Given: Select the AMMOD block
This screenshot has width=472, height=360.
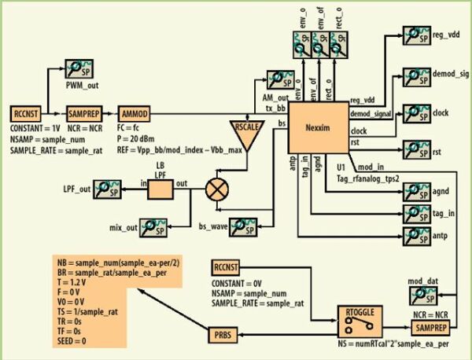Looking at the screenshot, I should [132, 112].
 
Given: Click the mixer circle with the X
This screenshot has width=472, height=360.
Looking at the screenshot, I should [216, 189].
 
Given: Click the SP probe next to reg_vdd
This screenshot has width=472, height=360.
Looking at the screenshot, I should [415, 34].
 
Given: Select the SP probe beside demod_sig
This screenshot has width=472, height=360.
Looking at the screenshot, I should [415, 75].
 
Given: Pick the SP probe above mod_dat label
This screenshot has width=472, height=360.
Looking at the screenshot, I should [421, 294].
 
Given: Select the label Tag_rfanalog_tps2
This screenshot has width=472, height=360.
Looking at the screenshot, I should [367, 176].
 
